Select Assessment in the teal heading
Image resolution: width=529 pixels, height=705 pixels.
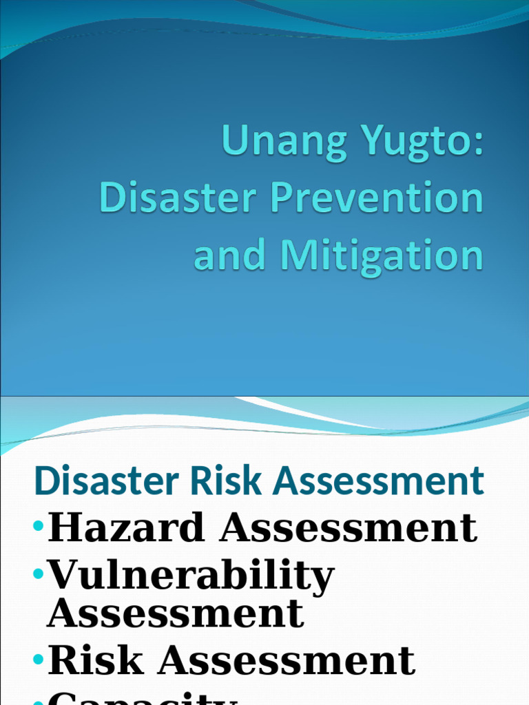(379, 481)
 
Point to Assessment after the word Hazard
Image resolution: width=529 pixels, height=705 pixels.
(349, 528)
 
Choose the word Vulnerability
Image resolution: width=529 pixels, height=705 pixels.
(191, 577)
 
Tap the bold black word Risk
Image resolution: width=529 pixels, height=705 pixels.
(96, 660)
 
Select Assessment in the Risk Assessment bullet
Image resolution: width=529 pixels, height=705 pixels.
(287, 660)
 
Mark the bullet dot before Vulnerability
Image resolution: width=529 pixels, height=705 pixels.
(38, 574)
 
